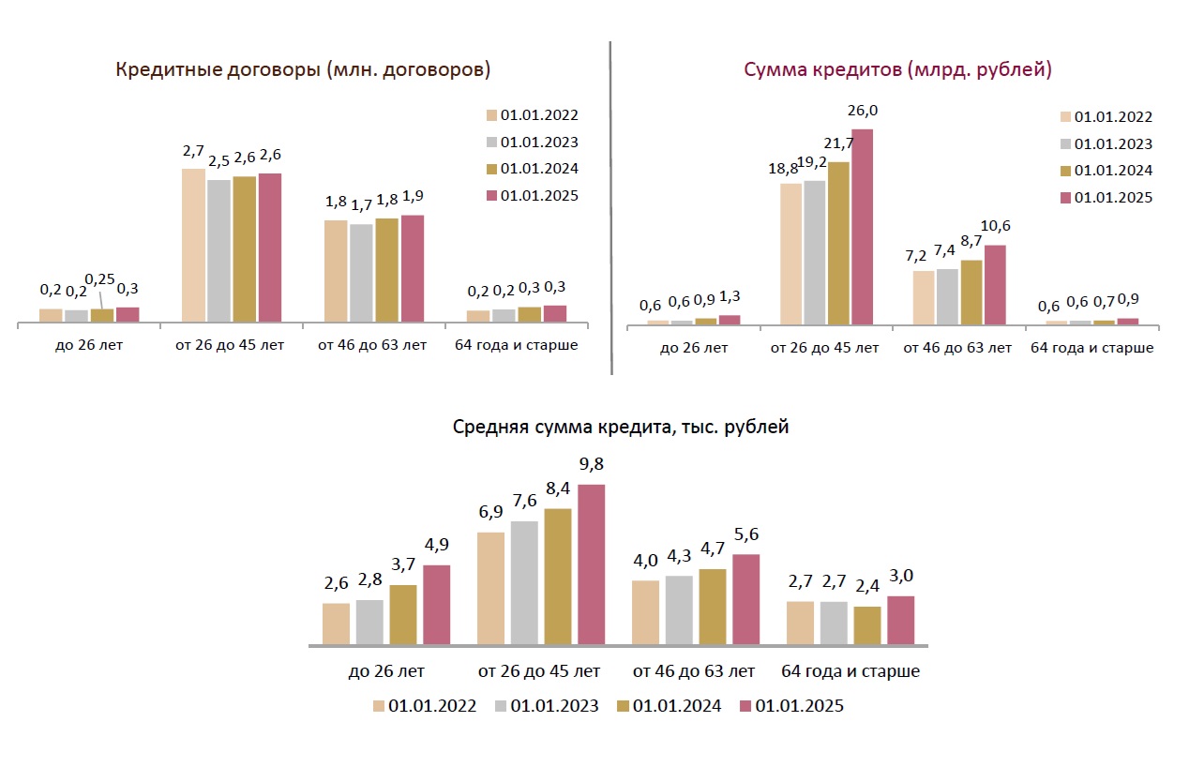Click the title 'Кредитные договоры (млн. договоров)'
click(x=303, y=70)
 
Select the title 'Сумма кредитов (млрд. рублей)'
click(x=897, y=70)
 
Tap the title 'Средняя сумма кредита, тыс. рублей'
click(x=621, y=428)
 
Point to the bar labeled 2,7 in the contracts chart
click(x=193, y=247)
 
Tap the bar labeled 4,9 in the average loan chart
click(x=436, y=605)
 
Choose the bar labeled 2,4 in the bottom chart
click(x=867, y=625)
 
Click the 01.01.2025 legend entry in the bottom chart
click(x=791, y=706)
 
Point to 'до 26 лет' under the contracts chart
click(x=88, y=345)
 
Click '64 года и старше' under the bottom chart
click(x=850, y=671)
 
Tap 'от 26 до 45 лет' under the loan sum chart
click(x=824, y=348)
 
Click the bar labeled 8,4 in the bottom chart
click(x=557, y=577)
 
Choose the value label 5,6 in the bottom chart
click(x=745, y=535)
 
